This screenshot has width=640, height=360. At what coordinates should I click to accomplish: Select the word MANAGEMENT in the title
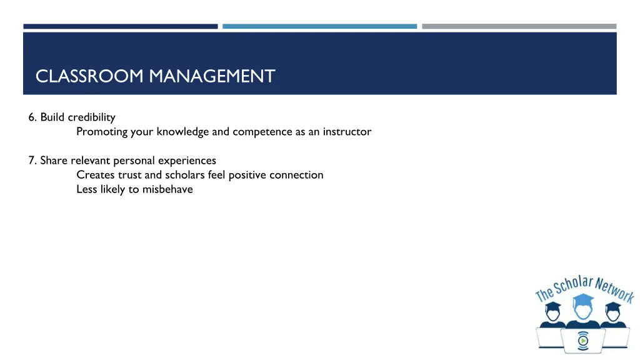[212, 76]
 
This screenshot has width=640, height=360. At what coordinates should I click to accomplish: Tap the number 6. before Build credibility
[32, 117]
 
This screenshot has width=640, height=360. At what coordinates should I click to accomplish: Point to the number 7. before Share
[32, 161]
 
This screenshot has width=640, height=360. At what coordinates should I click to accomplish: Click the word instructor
[347, 132]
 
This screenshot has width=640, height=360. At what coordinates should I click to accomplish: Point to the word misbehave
[167, 189]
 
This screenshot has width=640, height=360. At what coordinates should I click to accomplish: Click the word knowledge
[182, 132]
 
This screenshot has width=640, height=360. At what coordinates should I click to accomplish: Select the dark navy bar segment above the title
[121, 26]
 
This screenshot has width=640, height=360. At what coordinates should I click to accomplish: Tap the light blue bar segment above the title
[319, 26]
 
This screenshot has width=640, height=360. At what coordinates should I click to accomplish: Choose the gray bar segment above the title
[519, 26]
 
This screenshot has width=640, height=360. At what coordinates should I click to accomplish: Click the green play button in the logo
[582, 341]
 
